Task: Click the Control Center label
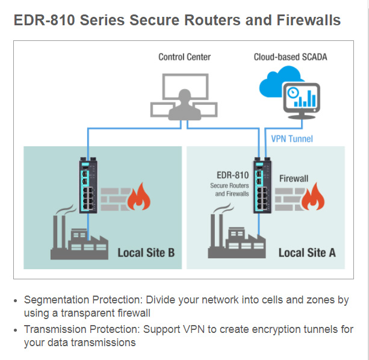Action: point(184,57)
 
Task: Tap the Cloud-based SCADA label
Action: point(286,57)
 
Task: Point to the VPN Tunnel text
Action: point(292,139)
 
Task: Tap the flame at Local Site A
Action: point(314,197)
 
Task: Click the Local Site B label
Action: point(146,252)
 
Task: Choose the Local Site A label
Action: point(307,252)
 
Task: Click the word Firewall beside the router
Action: point(294,179)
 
